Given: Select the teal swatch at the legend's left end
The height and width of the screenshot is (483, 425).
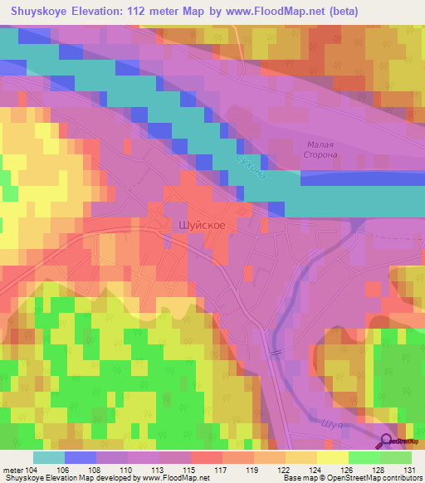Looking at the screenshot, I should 48,457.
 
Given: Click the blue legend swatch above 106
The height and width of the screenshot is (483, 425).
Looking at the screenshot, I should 80,457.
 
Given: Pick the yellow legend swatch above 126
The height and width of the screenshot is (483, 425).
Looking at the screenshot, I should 333,457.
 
